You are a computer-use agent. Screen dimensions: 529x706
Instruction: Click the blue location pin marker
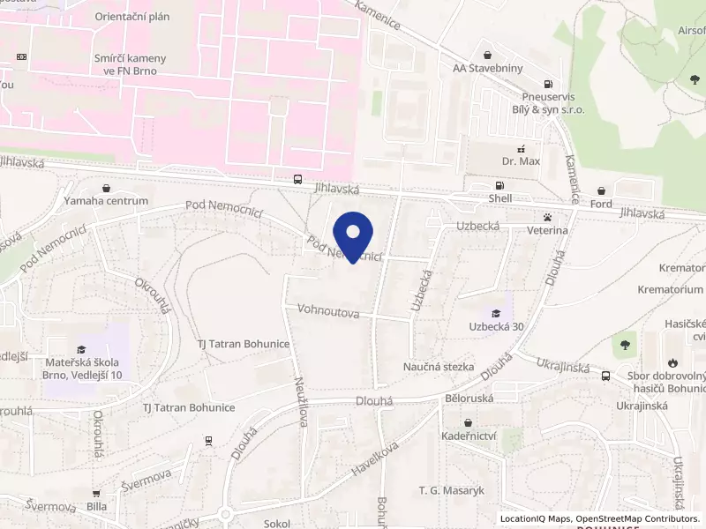(x=354, y=235)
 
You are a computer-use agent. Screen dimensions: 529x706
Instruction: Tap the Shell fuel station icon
(x=500, y=186)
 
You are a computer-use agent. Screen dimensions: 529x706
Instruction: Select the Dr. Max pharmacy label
(x=520, y=161)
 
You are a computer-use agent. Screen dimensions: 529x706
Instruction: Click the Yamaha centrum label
(x=106, y=201)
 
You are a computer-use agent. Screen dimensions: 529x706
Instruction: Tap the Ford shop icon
(x=602, y=190)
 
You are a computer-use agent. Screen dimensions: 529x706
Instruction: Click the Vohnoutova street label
(x=328, y=310)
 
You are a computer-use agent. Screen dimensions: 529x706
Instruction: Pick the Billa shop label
(x=96, y=507)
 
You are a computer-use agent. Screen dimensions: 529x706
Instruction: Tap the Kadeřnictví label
(x=468, y=436)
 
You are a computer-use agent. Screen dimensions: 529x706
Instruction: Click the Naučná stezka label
(x=439, y=367)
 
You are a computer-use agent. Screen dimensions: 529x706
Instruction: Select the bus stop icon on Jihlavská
(x=297, y=179)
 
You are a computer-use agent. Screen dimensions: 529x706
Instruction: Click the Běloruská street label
(x=469, y=399)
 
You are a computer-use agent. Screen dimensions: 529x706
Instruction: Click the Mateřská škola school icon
(x=82, y=350)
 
